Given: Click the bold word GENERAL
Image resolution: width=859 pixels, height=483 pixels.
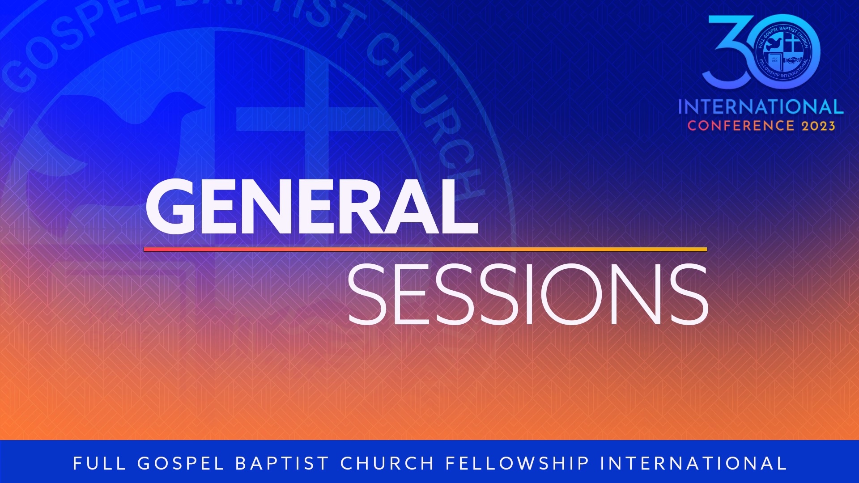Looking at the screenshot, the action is (x=312, y=206).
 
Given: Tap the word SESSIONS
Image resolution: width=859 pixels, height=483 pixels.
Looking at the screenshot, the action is (x=528, y=294).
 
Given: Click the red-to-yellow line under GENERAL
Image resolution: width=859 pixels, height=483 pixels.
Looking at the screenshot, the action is (x=425, y=250).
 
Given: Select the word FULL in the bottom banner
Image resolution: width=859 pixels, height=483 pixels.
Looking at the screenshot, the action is (x=99, y=463).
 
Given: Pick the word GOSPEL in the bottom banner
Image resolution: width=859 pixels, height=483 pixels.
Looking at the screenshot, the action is (x=180, y=463).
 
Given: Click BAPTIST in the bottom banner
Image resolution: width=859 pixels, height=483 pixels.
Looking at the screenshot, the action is (x=282, y=463).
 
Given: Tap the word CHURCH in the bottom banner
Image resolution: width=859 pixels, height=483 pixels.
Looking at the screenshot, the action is (x=387, y=463).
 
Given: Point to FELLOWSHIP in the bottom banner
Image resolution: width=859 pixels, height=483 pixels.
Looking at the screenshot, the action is (x=518, y=463).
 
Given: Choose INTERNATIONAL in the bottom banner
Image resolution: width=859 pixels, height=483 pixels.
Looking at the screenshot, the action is (x=693, y=463).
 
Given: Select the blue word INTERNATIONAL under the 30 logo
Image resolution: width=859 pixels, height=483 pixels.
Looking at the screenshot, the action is (x=761, y=107).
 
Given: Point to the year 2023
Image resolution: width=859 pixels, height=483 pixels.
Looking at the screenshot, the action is (x=818, y=126).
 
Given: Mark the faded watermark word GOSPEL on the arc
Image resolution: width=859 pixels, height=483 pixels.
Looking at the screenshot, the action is (x=81, y=40).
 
